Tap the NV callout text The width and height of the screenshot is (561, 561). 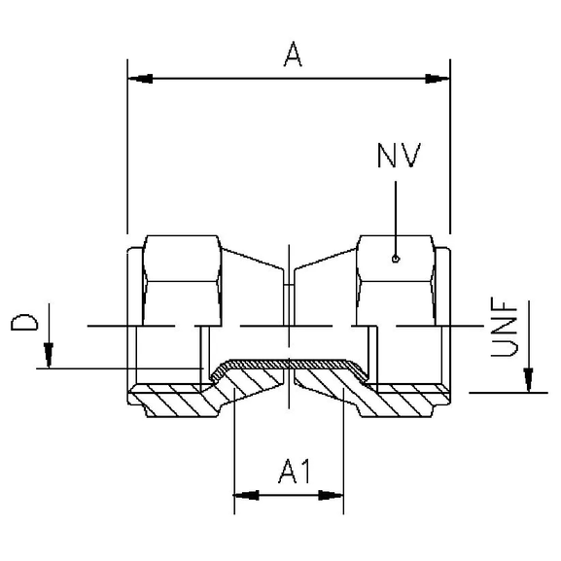coord(397,156)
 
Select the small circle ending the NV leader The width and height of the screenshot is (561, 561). coord(395,259)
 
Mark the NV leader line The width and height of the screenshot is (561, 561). coord(395,214)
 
